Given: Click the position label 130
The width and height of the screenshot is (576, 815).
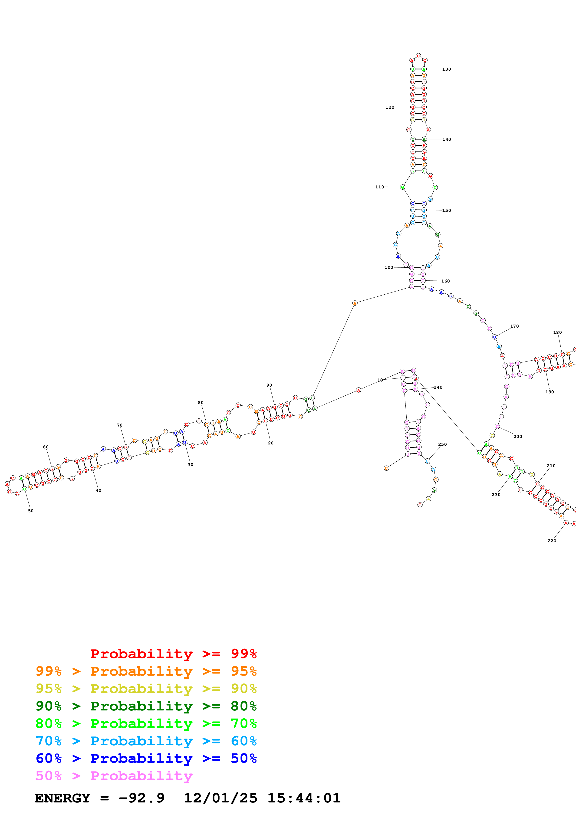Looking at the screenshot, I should click(446, 69).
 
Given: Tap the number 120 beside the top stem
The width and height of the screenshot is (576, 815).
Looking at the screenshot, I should click(390, 107).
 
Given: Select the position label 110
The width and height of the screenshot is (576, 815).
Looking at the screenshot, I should click(379, 187).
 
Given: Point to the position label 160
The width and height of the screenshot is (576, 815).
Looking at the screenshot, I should click(445, 281).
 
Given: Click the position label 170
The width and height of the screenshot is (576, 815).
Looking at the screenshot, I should click(514, 326).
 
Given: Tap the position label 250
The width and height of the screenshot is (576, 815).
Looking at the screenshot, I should click(442, 444).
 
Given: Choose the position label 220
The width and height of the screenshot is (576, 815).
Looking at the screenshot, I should click(552, 541).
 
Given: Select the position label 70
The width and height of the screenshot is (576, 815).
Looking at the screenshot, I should click(120, 425).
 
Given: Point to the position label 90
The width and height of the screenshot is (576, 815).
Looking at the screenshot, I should click(269, 385).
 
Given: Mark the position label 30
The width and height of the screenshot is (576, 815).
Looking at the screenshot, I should click(191, 465).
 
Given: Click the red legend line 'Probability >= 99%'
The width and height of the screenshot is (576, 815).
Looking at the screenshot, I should click(173, 654).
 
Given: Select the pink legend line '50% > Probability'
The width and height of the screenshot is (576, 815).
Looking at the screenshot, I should click(114, 776).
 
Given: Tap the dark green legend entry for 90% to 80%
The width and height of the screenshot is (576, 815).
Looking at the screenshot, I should click(146, 706).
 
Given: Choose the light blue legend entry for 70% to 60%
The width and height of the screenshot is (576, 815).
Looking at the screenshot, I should click(146, 741).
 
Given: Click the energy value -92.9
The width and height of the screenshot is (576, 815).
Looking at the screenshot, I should click(141, 798).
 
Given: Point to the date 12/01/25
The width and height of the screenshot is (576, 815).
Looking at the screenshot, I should click(221, 798).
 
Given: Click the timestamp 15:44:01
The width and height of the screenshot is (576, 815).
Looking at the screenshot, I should click(304, 798).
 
